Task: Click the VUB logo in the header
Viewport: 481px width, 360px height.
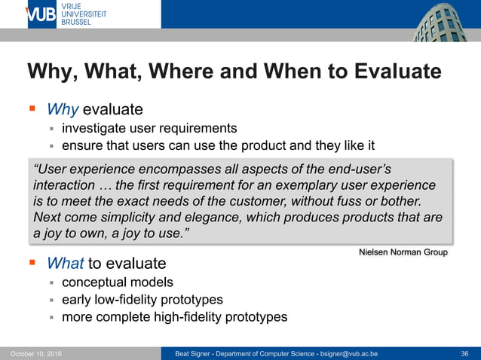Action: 41,14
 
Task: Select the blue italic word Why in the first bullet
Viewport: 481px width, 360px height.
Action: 63,109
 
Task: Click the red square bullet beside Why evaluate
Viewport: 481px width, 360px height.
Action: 32,109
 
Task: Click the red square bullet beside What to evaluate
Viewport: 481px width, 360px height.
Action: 32,263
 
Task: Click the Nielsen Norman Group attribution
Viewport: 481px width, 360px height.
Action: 403,252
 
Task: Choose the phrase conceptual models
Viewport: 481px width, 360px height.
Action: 117,283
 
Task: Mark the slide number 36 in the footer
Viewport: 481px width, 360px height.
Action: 464,353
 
